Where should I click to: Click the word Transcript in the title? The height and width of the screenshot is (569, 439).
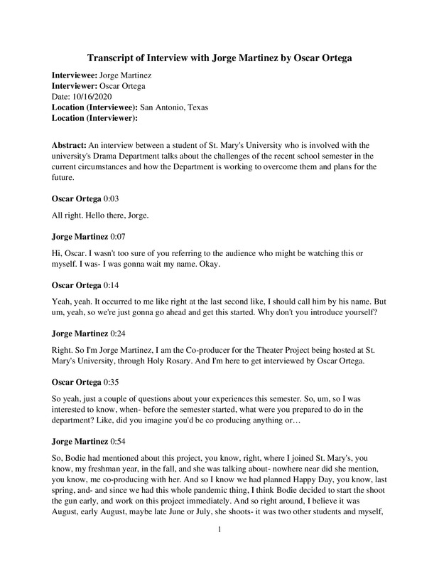pyautogui.click(x=112, y=57)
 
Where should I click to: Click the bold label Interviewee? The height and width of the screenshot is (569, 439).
pyautogui.click(x=77, y=75)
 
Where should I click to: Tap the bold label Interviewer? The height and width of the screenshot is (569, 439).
pyautogui.click(x=76, y=85)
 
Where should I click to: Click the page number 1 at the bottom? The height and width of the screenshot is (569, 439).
pyautogui.click(x=220, y=549)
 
